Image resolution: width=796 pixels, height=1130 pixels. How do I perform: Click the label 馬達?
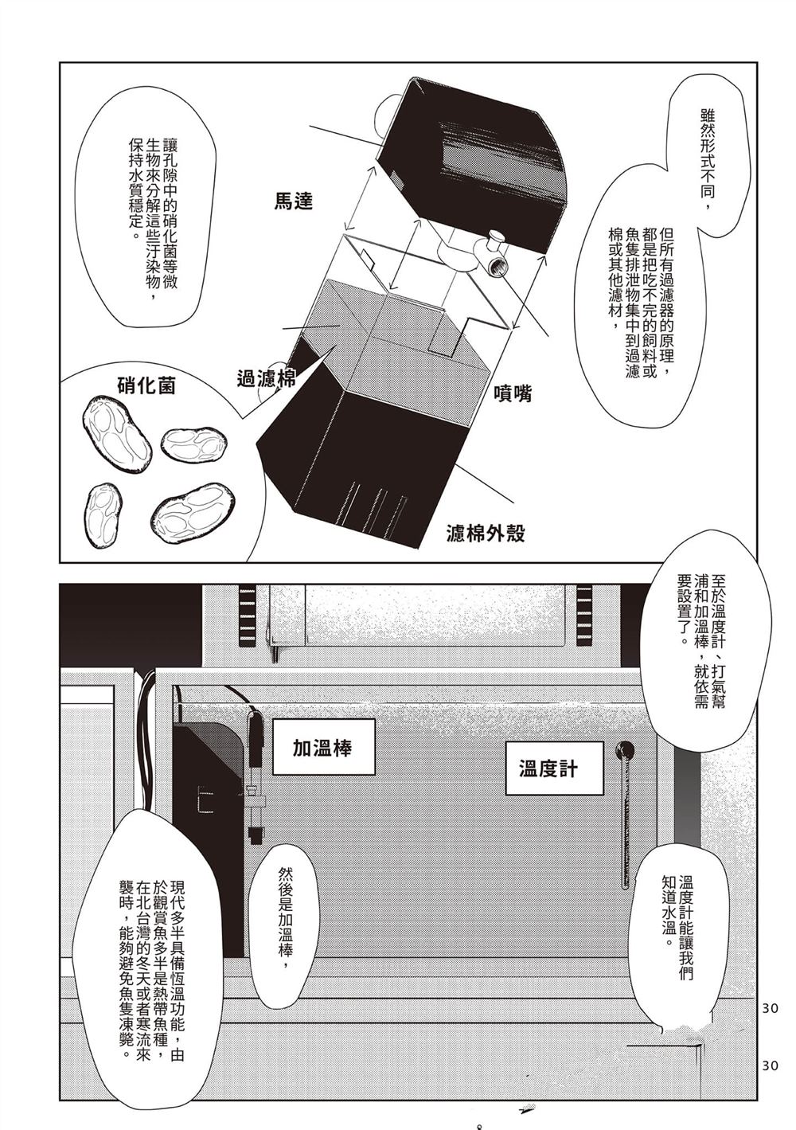point(293,201)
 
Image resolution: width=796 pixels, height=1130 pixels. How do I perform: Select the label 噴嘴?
point(512,392)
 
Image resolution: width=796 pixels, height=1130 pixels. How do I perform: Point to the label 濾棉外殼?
point(486,532)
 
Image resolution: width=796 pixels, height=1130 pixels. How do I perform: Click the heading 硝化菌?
point(146,386)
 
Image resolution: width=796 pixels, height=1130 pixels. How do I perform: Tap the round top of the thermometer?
point(625,749)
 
